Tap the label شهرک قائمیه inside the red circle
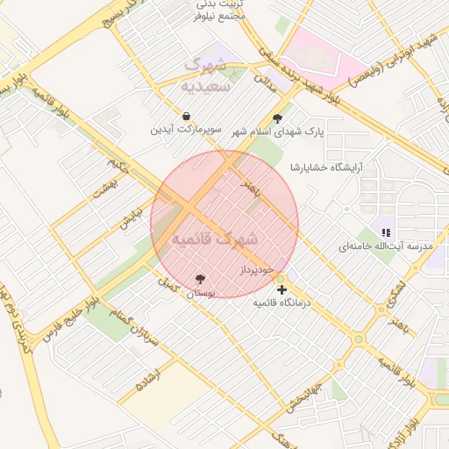tap(214, 239)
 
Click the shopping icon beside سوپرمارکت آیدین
tap(186, 117)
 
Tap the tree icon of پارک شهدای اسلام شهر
tap(279, 119)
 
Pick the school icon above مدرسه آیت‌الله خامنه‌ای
tap(386, 232)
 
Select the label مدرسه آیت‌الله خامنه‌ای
tap(387, 246)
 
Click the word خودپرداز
tap(258, 269)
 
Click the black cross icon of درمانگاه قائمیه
tap(282, 289)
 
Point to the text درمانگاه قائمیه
tap(282, 303)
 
